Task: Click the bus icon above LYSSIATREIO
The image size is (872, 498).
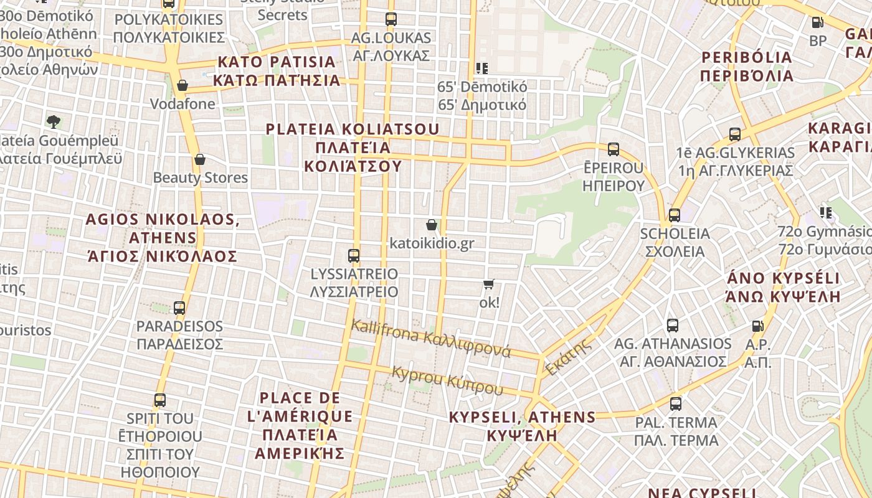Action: pos(354,255)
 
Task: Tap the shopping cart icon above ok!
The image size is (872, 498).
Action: pos(489,284)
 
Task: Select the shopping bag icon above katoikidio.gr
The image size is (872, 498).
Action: pos(431,225)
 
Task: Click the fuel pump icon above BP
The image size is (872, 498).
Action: pos(818,22)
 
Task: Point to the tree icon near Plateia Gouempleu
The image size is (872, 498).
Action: pos(54,121)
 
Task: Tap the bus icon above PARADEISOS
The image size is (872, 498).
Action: pos(179,308)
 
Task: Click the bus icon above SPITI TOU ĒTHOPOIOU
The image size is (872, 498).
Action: pos(160,400)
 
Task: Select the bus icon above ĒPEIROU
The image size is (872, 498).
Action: pos(614,149)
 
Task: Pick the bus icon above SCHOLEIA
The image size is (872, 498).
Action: pos(675,215)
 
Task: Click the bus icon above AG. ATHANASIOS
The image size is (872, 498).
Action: pos(673,325)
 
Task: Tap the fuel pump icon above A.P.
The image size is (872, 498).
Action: pos(758,326)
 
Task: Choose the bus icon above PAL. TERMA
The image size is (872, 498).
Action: pos(676,403)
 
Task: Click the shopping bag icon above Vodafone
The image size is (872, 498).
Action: pos(182,85)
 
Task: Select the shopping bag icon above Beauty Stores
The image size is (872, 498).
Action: pos(200,159)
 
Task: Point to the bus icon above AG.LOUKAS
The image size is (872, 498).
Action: pos(391,19)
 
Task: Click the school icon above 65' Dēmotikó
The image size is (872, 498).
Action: pos(481,68)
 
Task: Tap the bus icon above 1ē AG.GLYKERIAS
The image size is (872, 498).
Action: pos(735,134)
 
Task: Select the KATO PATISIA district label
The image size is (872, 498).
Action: pos(277,71)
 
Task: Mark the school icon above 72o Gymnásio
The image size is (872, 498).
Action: pos(826,213)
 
